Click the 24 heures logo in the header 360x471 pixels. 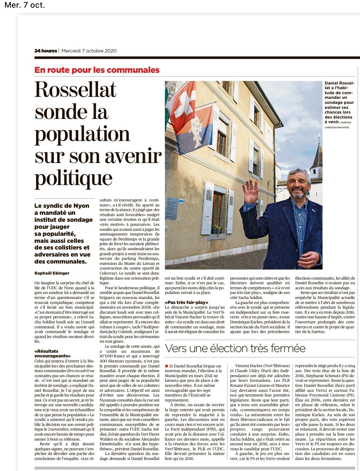(x=46, y=51)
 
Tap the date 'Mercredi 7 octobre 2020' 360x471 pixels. (x=89, y=51)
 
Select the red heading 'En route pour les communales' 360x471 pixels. (x=97, y=70)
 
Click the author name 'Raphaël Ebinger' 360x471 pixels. (x=52, y=273)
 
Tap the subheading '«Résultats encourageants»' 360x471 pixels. (x=47, y=353)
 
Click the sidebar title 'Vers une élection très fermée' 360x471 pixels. (x=235, y=348)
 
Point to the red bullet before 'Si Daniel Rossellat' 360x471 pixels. (x=167, y=366)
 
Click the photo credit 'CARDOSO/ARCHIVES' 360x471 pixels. (x=337, y=127)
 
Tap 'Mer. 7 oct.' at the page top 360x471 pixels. (x=24, y=5)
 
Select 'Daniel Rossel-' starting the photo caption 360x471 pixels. (x=339, y=83)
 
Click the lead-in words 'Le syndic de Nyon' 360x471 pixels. (x=62, y=206)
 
